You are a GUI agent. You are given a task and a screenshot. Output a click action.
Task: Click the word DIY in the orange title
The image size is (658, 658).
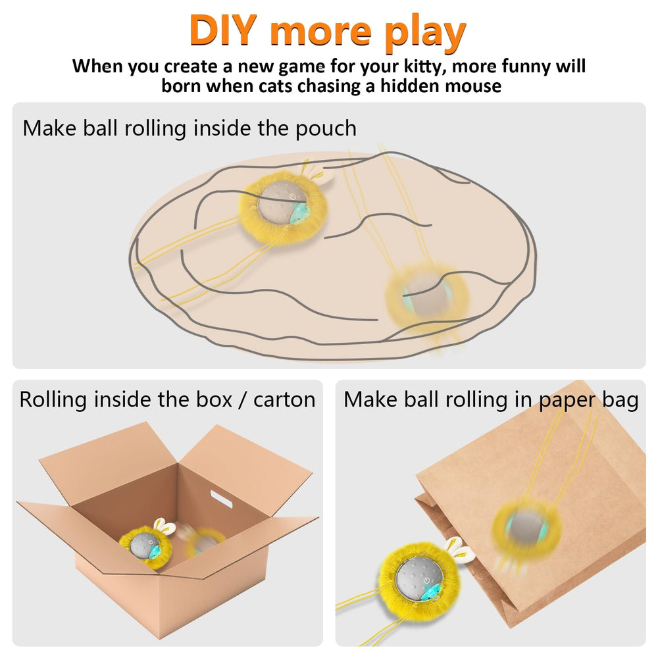click(x=223, y=30)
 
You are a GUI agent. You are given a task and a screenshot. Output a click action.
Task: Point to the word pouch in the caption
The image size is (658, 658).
click(x=326, y=129)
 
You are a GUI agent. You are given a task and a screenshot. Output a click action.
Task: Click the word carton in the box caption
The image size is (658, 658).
click(x=284, y=399)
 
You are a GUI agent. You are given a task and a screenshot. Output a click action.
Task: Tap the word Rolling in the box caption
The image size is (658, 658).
click(x=53, y=399)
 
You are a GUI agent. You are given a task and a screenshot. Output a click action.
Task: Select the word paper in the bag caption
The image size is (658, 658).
click(x=567, y=400)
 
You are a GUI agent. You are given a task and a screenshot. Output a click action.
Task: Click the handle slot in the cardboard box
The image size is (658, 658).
click(x=221, y=499)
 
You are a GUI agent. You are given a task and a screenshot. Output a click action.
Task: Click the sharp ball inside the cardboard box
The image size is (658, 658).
click(x=145, y=546)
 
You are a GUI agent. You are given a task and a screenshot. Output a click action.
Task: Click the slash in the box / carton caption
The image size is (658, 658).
click(x=242, y=399)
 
